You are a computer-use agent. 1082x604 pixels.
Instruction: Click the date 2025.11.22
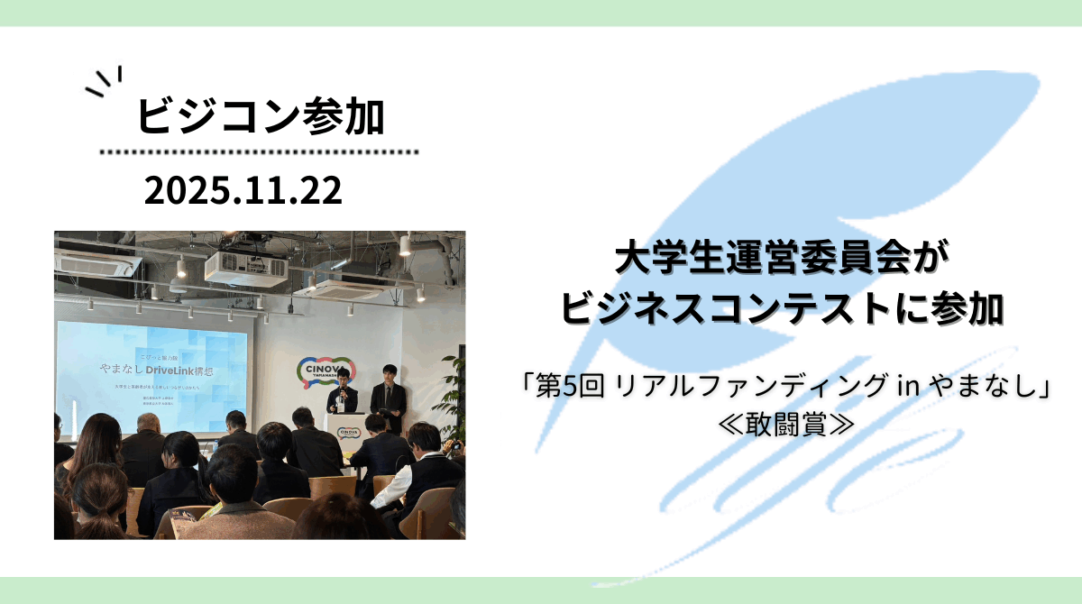pos(243,191)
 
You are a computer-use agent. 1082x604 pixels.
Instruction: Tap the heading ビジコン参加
pos(261,117)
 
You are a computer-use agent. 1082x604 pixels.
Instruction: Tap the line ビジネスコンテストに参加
pos(781,308)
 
